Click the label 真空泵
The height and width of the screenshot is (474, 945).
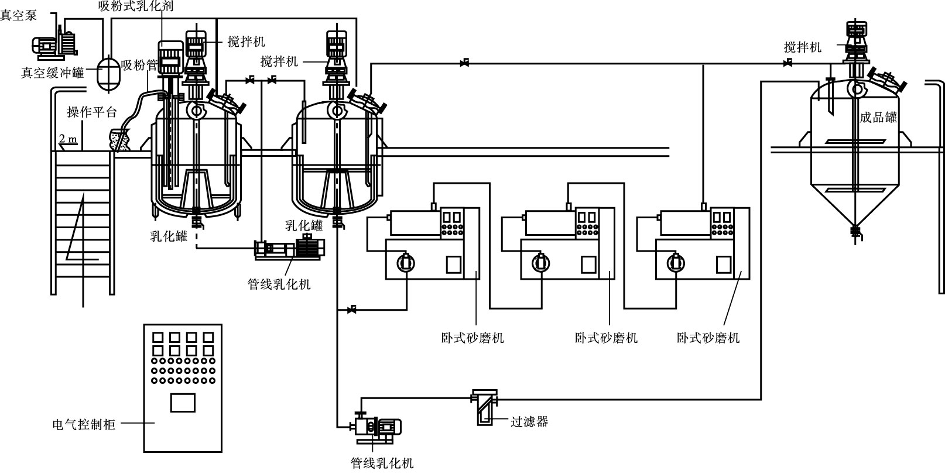pyautogui.click(x=19, y=15)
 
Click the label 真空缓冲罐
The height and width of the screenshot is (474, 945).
pyautogui.click(x=52, y=73)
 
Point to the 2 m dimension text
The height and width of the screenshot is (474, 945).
pyautogui.click(x=68, y=138)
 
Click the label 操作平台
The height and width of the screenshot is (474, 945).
pyautogui.click(x=91, y=112)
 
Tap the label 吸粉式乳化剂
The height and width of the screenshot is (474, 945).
pyautogui.click(x=135, y=6)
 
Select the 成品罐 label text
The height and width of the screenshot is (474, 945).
pyautogui.click(x=878, y=117)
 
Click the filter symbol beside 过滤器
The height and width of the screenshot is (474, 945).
pyautogui.click(x=484, y=407)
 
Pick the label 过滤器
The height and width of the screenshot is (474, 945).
pyautogui.click(x=529, y=421)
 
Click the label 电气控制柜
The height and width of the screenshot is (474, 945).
pyautogui.click(x=84, y=424)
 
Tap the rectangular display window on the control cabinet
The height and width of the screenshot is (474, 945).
pyautogui.click(x=183, y=403)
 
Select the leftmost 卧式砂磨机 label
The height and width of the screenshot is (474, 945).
pyautogui.click(x=472, y=338)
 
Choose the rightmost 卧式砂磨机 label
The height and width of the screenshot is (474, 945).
pyautogui.click(x=708, y=338)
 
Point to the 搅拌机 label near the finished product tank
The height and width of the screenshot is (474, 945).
pyautogui.click(x=802, y=47)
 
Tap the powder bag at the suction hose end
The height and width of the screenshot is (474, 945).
pyautogui.click(x=120, y=140)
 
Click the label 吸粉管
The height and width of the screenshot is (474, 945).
pyautogui.click(x=139, y=66)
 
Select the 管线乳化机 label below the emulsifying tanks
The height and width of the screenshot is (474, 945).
pyautogui.click(x=279, y=284)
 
